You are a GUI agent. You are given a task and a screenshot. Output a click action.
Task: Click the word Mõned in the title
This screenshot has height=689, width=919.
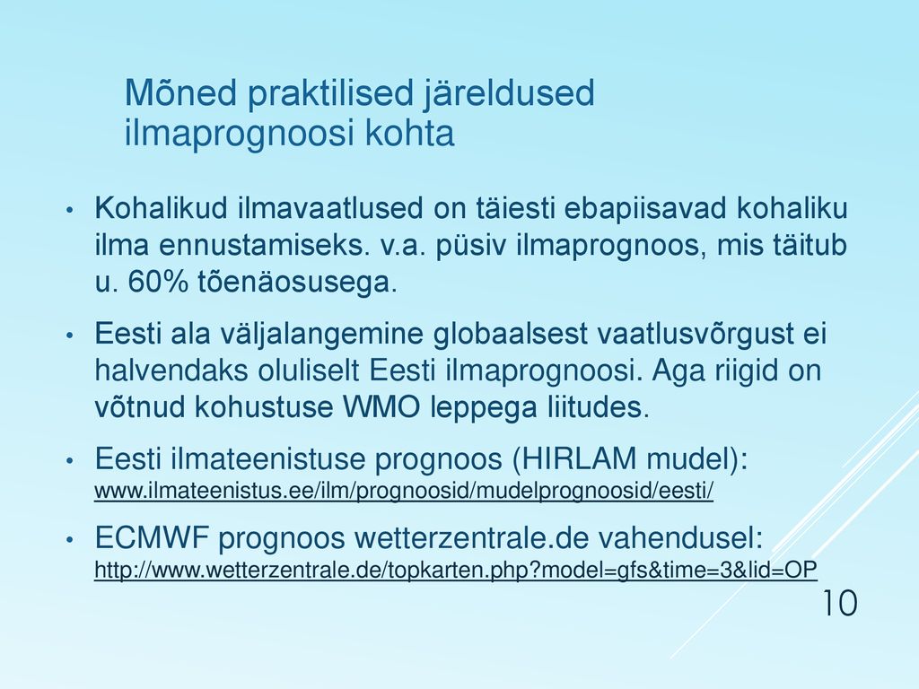tap(180, 92)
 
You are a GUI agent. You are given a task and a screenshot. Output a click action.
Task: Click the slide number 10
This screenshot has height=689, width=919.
tap(840, 603)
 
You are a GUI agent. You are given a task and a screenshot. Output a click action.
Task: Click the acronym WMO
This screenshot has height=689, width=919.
tap(381, 406)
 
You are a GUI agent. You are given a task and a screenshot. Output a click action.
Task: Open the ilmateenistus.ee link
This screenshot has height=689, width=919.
tap(404, 491)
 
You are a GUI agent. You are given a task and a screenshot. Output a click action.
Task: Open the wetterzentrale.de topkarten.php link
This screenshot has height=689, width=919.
tap(455, 570)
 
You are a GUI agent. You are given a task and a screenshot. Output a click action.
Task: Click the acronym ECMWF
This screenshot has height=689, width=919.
tap(152, 537)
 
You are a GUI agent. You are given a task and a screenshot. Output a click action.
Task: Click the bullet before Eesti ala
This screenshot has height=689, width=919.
tap(69, 336)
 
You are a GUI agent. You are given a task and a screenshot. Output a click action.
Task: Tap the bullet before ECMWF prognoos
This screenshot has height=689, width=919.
tap(69, 539)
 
